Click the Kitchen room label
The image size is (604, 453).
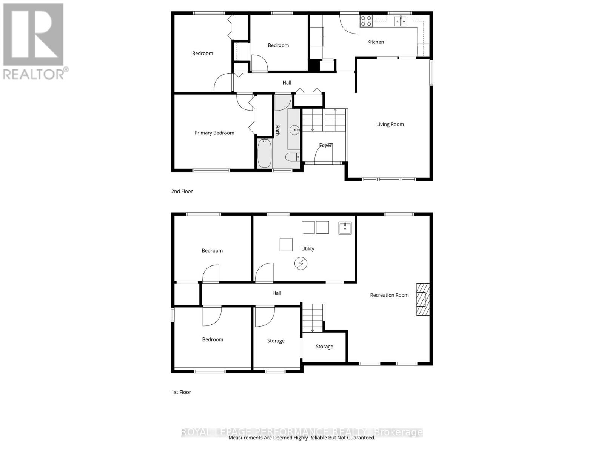[x=375, y=42]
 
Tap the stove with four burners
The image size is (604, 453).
[x=366, y=21]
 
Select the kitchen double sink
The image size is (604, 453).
[x=401, y=21]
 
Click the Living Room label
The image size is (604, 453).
[x=390, y=124]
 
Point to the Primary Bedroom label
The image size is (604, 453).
[x=214, y=133]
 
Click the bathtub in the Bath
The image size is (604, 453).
[x=264, y=153]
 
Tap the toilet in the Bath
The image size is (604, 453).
[x=292, y=157]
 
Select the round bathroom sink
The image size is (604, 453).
[x=294, y=130]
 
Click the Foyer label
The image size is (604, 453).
[x=325, y=145]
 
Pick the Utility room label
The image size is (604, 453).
[x=308, y=249]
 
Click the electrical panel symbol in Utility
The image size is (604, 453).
[x=301, y=263]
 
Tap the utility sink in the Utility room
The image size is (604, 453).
[x=345, y=228]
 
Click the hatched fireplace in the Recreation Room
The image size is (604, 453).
[x=422, y=299]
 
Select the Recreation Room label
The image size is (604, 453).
[x=389, y=295]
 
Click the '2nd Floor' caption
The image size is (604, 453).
[x=182, y=191]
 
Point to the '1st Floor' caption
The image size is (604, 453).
[x=181, y=392]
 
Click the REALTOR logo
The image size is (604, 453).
[x=35, y=42]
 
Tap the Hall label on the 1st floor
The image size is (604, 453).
[x=277, y=293]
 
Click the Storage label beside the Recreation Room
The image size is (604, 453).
[x=324, y=347]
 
